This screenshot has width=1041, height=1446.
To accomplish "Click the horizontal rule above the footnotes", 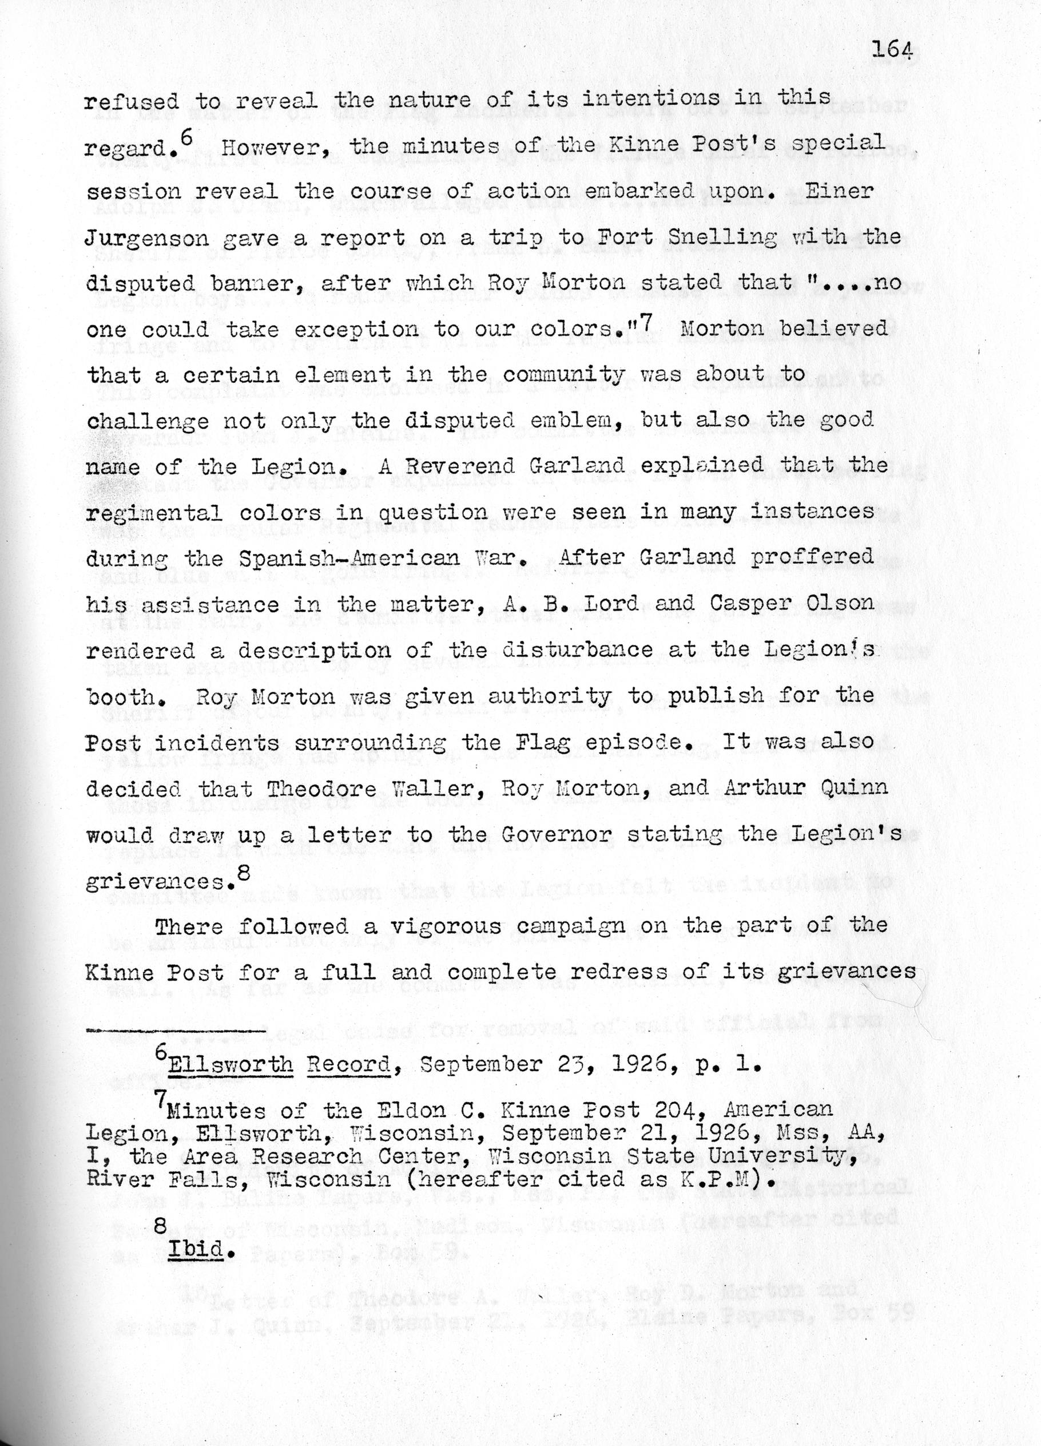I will (175, 1031).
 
